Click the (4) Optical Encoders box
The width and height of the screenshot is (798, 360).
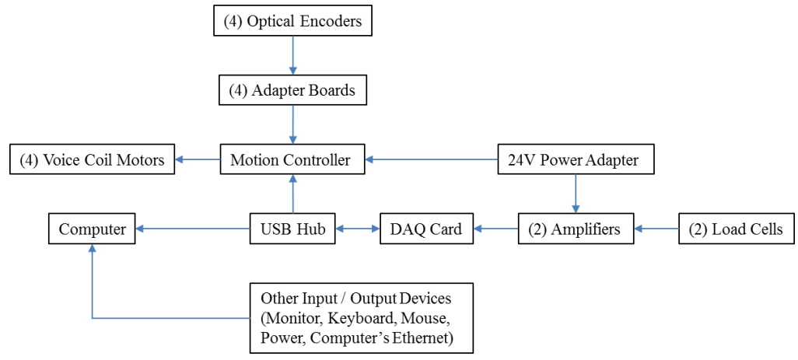point(292,20)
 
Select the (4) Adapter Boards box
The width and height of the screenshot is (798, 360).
point(292,90)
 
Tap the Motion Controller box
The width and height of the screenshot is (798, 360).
point(292,159)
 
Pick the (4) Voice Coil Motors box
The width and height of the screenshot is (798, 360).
point(92,159)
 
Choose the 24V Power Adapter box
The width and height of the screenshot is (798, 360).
point(575,159)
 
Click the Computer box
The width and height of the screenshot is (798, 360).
point(92,229)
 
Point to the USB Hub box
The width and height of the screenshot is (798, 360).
point(292,229)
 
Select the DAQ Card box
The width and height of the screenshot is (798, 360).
point(426,229)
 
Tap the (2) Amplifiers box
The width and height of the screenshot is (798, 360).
point(576,229)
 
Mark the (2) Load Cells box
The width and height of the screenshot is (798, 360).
point(736,229)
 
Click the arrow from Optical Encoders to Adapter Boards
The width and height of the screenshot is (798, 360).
point(292,55)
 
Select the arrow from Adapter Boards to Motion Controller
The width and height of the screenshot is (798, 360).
point(292,125)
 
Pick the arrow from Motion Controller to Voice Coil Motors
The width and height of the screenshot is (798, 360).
point(197,159)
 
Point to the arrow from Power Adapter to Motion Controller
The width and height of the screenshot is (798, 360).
point(432,159)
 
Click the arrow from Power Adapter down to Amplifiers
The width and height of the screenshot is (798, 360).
point(576,194)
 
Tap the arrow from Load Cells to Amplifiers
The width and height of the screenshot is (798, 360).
point(656,229)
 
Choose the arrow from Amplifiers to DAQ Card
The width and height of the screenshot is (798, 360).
point(495,229)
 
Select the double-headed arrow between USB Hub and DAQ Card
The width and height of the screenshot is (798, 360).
point(357,229)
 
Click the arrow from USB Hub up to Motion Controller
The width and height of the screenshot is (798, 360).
point(292,194)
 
